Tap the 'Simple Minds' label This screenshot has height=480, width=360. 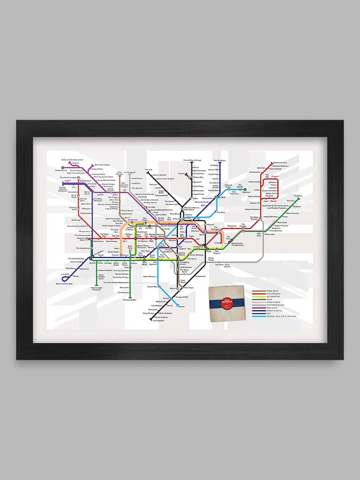click(x=60, y=170)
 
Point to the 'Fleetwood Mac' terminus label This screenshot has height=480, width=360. click(x=129, y=300)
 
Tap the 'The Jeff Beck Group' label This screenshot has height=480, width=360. click(x=192, y=160)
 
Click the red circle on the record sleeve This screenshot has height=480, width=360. click(x=226, y=300)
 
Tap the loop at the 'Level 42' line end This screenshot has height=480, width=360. click(x=65, y=278)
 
